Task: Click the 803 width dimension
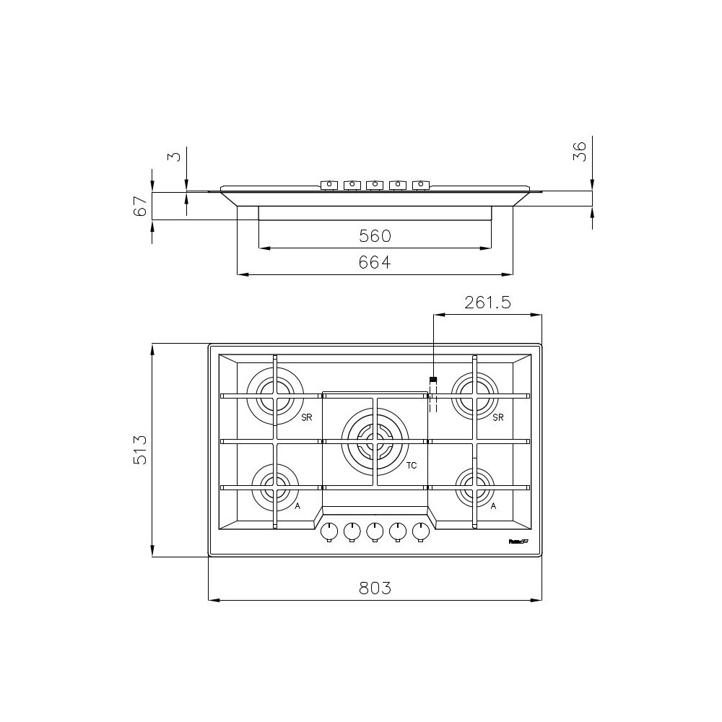[375, 588]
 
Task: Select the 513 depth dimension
[141, 450]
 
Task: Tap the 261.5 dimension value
[487, 303]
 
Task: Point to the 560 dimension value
[375, 236]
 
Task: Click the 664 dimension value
[375, 263]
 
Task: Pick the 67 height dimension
[141, 206]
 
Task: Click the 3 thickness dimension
[174, 157]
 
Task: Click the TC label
[412, 466]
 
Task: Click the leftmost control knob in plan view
[329, 532]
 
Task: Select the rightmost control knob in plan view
[421, 532]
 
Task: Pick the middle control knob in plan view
[375, 532]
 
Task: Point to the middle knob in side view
[375, 185]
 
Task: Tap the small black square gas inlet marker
[432, 380]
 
